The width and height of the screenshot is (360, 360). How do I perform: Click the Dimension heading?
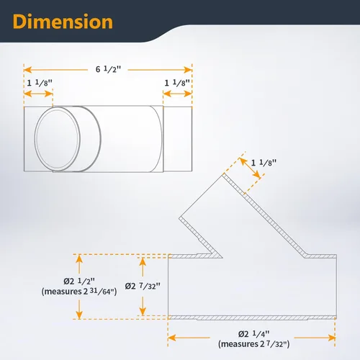(x=63, y=22)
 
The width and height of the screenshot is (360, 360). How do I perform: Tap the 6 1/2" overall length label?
(x=108, y=69)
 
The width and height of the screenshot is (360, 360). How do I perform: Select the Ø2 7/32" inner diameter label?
(x=143, y=286)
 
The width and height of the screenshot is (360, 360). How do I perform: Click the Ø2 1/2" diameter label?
(x=79, y=281)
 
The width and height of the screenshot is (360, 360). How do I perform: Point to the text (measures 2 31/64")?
(x=79, y=292)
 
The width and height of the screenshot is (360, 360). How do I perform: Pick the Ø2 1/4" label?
(x=254, y=334)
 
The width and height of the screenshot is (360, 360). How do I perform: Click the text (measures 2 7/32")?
(x=254, y=344)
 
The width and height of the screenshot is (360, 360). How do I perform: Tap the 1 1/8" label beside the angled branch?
(x=264, y=163)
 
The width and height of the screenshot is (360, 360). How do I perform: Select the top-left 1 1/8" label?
(x=40, y=83)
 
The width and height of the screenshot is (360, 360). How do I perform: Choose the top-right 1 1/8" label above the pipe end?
(x=177, y=83)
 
